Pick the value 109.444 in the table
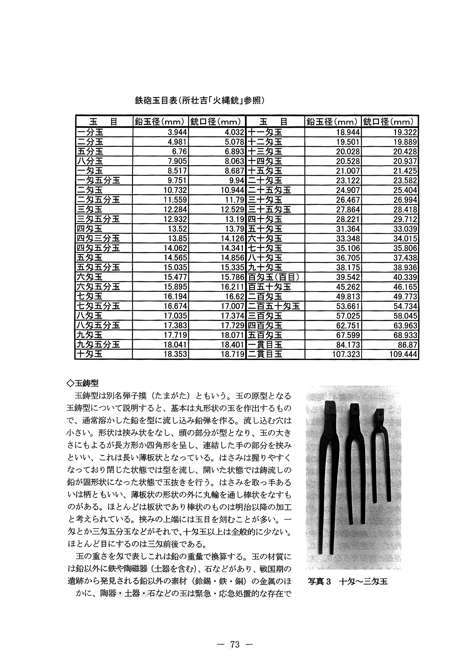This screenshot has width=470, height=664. (403, 354)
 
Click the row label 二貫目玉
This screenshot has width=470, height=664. (265, 354)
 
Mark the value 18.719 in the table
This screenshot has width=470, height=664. (231, 354)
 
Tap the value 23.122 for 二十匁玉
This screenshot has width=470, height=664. (347, 181)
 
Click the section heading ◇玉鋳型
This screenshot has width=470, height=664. (83, 383)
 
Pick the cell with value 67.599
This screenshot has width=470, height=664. (347, 335)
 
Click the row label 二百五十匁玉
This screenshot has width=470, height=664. (274, 306)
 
